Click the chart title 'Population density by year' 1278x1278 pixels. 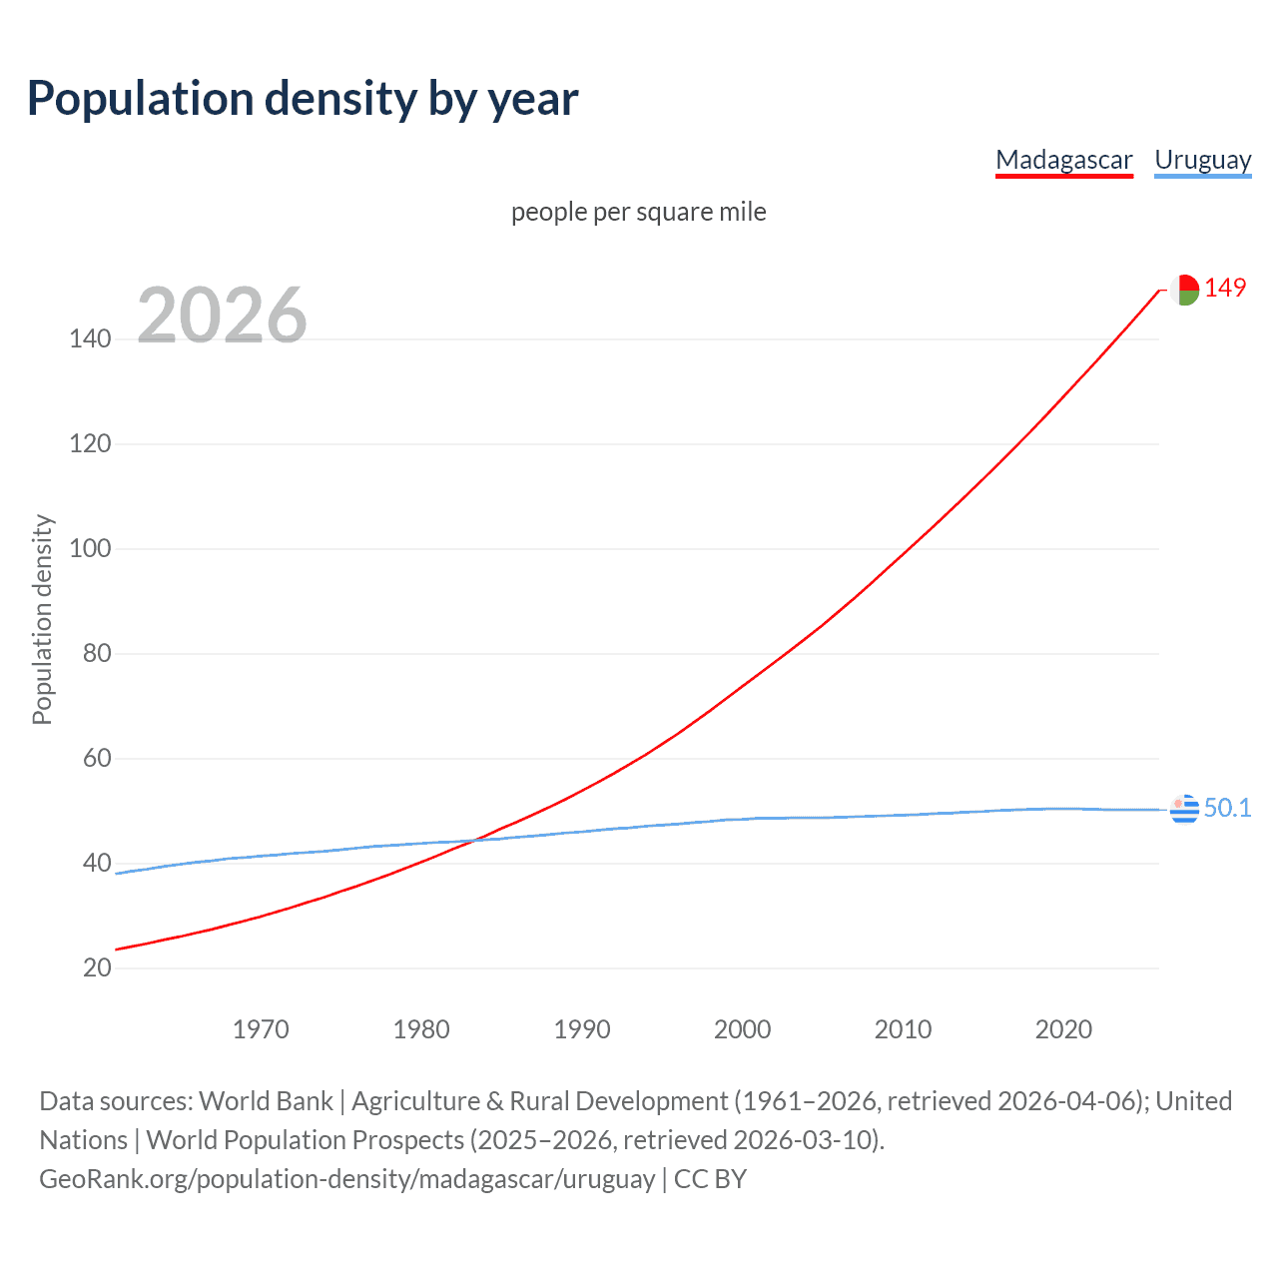303,99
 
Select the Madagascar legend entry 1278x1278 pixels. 1064,160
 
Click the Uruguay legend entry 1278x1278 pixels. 1202,160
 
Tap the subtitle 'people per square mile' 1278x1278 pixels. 638,212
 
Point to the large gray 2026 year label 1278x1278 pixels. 222,316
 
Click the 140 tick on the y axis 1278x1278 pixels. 90,338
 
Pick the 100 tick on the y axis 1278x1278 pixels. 90,548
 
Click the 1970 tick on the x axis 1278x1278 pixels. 261,1029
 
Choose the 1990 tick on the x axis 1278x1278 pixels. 582,1029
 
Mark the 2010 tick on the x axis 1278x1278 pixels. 903,1029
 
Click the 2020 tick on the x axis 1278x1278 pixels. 1063,1029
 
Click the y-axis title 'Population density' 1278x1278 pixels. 42,619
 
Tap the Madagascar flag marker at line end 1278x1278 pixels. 1184,290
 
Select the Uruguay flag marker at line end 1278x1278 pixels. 1184,809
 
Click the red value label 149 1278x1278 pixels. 1225,288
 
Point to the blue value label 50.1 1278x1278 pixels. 1227,808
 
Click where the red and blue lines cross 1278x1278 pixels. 470,841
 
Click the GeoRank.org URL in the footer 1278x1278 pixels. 346,1179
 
